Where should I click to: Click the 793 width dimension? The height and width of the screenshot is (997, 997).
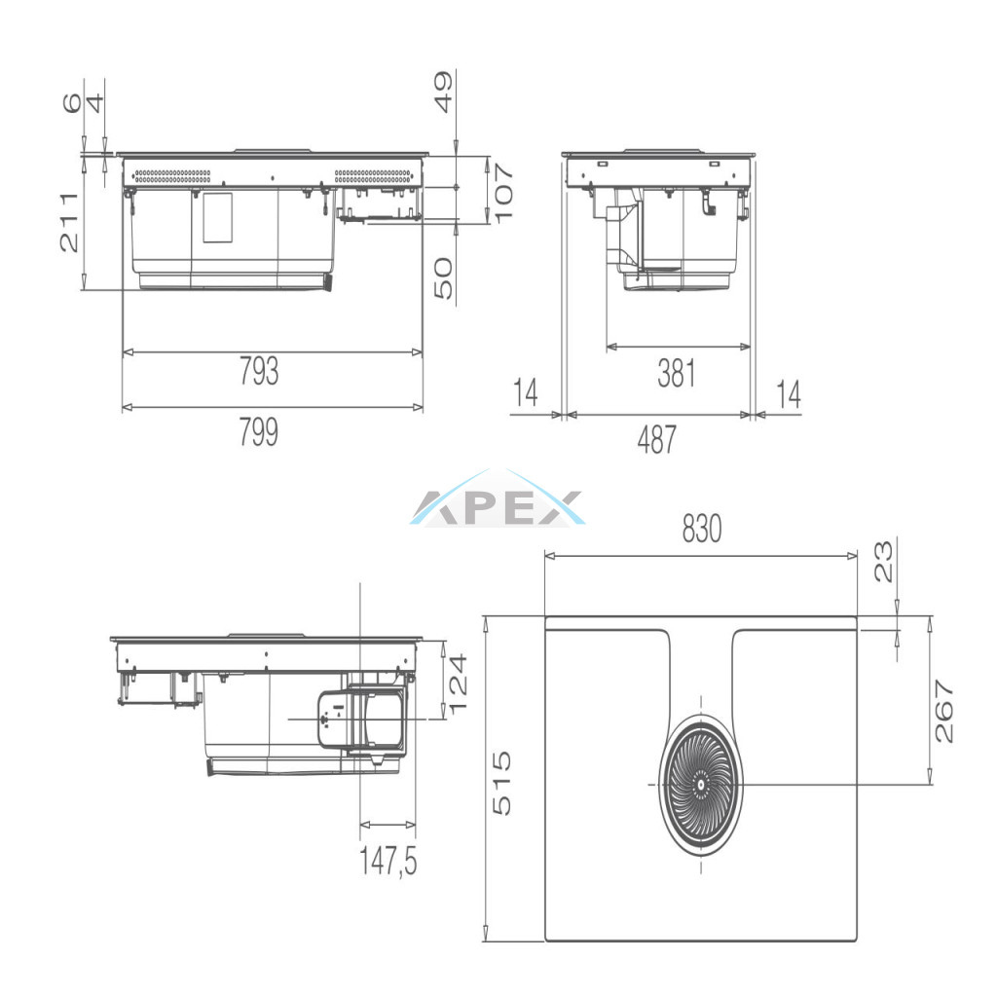point(259,371)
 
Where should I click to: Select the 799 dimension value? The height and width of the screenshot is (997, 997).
point(259,431)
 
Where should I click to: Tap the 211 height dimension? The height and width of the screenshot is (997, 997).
point(69,223)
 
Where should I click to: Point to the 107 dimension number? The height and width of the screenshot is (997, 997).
point(503,194)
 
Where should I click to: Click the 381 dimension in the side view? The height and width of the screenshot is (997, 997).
point(677,373)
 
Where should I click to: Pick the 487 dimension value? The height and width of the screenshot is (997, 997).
point(657,439)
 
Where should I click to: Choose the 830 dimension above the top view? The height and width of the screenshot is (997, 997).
point(702,529)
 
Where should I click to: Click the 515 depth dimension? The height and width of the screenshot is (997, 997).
point(501,783)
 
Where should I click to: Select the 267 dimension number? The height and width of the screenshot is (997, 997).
point(944,711)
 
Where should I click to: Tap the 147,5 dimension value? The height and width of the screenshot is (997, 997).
point(388,862)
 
